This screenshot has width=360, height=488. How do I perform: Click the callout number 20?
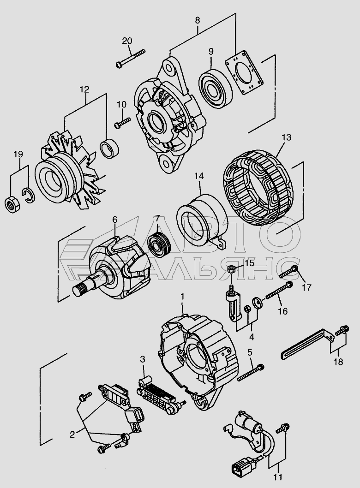pos(127,41)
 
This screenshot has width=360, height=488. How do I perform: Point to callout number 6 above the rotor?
pos(115,220)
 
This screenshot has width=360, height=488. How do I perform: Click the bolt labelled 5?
pos(250,372)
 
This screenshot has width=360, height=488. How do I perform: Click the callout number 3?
pos(143,359)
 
